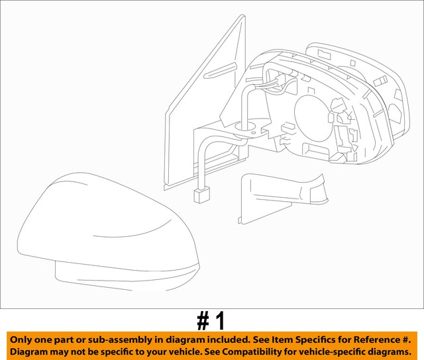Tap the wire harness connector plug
[197, 196]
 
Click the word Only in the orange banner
[22, 338]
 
